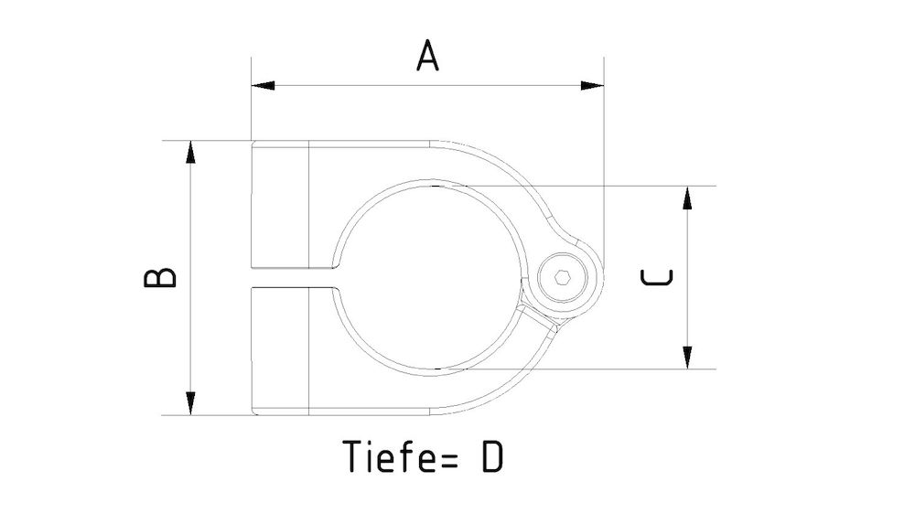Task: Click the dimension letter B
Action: coord(160,278)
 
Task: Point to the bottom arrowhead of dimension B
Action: coord(190,403)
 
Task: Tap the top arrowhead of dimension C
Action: coord(686,197)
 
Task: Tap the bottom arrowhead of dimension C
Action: coord(686,358)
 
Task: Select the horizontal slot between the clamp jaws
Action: coord(293,277)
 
